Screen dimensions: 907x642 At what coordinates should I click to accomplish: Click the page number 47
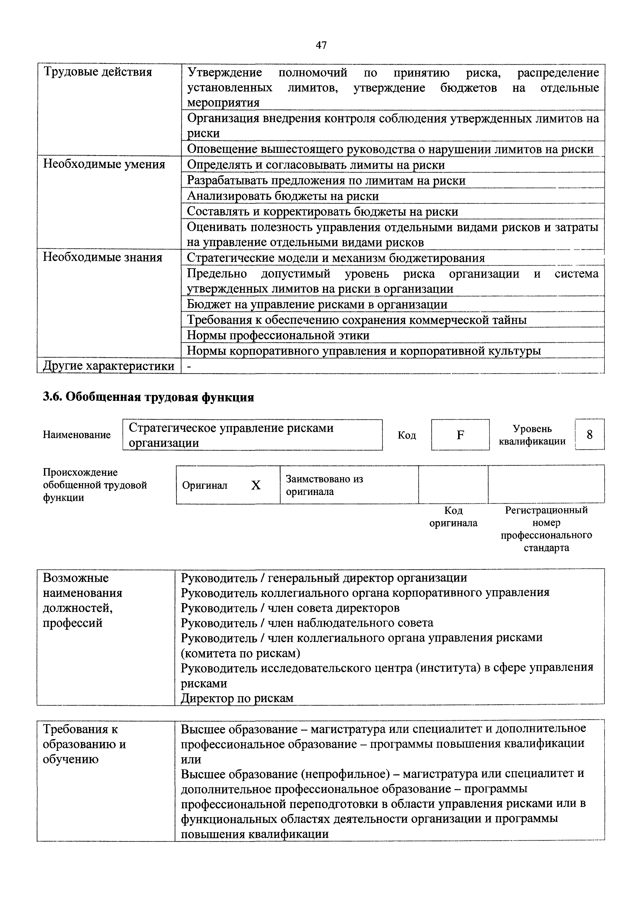pos(321,46)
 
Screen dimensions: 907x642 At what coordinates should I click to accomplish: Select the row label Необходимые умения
pos(103,164)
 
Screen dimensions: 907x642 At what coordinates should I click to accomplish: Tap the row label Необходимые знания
pos(102,258)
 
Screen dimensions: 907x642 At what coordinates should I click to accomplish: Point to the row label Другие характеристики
pos(108,366)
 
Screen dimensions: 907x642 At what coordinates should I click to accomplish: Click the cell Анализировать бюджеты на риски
pos(283,196)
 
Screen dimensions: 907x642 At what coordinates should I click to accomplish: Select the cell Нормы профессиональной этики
pos(278,335)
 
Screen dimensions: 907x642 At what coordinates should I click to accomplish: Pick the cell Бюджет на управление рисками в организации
pos(317,304)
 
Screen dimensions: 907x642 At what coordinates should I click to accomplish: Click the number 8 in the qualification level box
pos(589,435)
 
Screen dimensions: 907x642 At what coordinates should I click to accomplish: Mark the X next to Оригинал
pos(256,485)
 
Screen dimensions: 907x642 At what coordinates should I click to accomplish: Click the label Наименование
pos(77,435)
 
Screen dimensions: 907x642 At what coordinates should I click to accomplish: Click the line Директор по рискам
pos(237,698)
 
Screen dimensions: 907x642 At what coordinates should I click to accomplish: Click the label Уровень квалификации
pos(532,435)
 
